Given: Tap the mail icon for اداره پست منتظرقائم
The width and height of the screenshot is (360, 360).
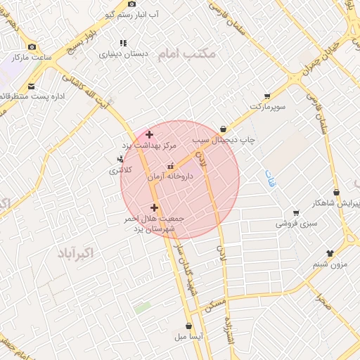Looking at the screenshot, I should [30, 86].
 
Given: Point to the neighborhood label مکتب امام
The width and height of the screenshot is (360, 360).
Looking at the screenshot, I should [185, 54].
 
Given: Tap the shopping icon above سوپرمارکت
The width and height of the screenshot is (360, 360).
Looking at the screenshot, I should [267, 96].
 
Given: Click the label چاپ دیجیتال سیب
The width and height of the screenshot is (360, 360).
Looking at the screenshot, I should [250, 140].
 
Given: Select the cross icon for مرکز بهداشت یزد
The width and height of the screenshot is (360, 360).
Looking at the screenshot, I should [149, 134].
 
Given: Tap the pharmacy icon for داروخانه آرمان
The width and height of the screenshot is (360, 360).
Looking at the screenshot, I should [169, 167].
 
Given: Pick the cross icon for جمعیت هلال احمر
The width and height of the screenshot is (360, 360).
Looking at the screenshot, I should [155, 207].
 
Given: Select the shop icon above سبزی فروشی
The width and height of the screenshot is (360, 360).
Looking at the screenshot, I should [296, 213].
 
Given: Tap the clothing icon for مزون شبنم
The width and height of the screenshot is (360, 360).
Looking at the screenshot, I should [330, 253].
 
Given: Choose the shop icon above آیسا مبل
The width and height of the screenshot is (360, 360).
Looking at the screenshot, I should [188, 326].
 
